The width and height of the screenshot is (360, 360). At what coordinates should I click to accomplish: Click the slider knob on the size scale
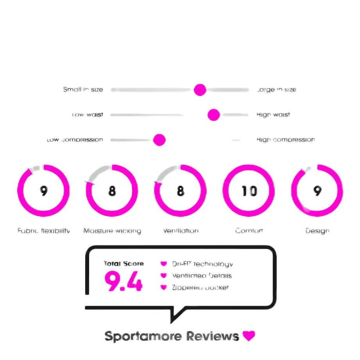(200, 90)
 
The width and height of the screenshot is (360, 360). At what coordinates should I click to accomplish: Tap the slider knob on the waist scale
(213, 115)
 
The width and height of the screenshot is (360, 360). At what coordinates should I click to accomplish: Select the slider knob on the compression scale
(159, 140)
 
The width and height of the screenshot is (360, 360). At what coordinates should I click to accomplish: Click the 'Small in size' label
(83, 90)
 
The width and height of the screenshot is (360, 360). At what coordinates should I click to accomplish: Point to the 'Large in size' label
(276, 90)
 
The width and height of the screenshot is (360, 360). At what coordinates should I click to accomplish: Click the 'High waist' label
(273, 115)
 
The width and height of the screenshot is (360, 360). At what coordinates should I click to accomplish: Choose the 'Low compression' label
(75, 140)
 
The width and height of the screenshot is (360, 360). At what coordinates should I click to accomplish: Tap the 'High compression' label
(285, 140)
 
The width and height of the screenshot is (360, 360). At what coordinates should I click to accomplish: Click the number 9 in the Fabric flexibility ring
(44, 191)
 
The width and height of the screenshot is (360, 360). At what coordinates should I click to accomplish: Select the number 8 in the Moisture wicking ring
(112, 191)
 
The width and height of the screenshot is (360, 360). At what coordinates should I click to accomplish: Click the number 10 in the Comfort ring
(249, 191)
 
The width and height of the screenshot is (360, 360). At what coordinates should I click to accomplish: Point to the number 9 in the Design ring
(317, 191)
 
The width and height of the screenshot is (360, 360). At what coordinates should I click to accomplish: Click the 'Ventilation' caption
(181, 231)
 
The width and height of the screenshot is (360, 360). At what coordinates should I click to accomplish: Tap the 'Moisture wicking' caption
(112, 231)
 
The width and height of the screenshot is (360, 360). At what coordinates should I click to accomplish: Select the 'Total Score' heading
(124, 264)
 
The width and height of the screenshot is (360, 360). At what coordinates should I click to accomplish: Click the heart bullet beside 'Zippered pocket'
(164, 287)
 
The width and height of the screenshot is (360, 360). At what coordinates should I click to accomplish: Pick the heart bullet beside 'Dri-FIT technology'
(164, 264)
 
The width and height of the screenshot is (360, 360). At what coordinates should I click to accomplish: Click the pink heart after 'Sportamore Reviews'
(249, 336)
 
